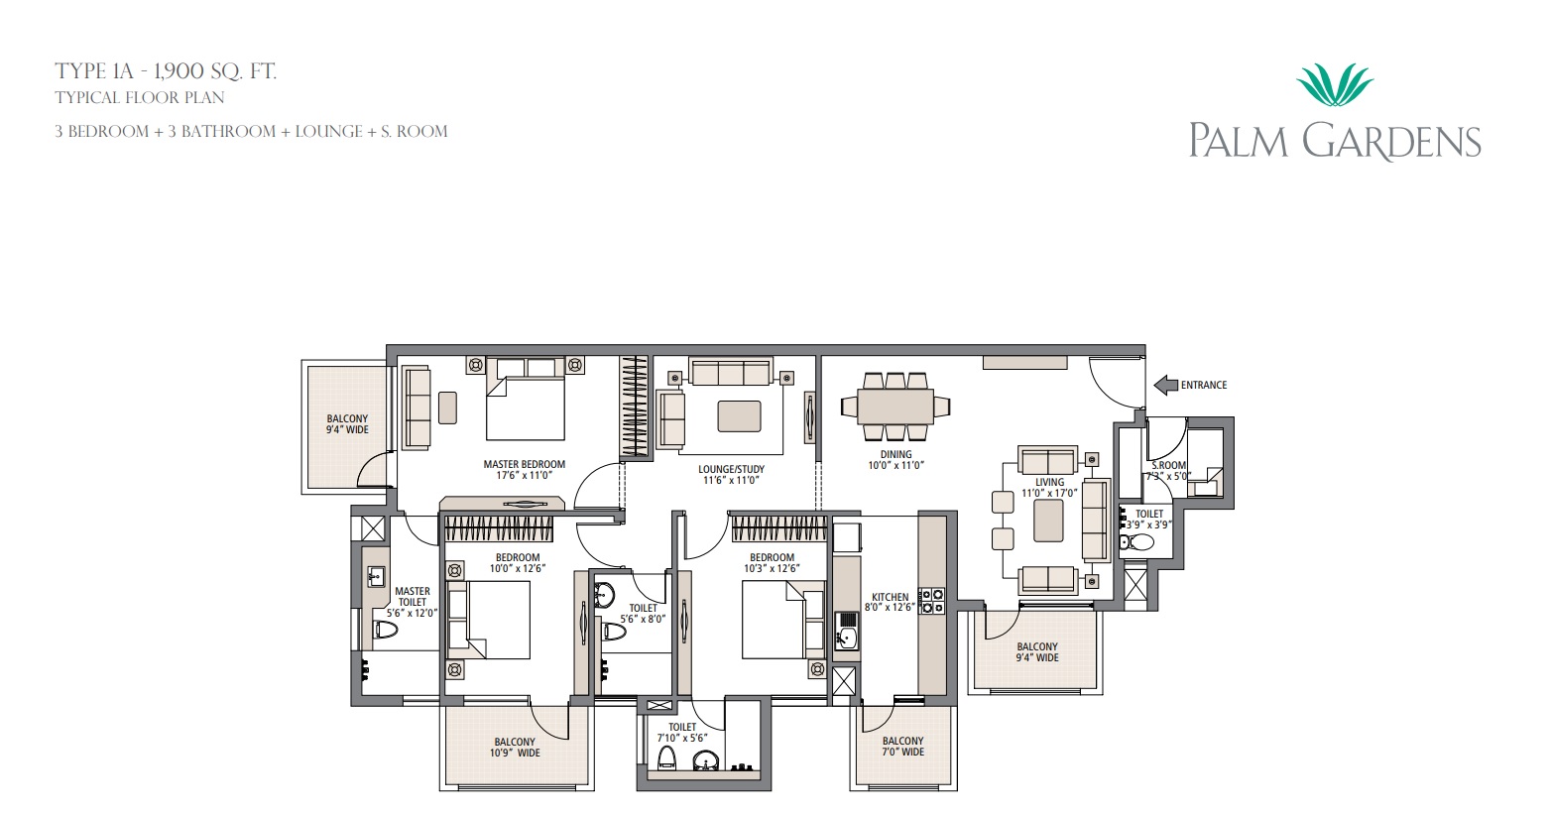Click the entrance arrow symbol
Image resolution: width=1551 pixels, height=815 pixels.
[1166, 385]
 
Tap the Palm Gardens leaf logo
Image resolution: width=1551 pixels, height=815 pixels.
[1335, 84]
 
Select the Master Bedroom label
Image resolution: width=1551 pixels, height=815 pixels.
[525, 464]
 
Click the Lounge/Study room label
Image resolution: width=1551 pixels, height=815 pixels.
[731, 469]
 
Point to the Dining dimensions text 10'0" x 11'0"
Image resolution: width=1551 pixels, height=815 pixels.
[895, 465]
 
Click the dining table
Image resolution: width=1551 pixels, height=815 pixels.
[895, 407]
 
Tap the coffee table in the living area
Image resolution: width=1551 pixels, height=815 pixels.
[1048, 520]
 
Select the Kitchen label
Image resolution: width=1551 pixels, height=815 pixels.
[890, 597]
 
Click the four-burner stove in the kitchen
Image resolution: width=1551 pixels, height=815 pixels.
[931, 601]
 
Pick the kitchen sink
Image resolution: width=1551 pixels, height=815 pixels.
[845, 631]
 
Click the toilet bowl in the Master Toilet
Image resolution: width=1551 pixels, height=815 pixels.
[386, 630]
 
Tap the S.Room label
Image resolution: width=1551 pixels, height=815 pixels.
[1169, 465]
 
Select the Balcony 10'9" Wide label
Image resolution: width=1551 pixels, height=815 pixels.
[515, 748]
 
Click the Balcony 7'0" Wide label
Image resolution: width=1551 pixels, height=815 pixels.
[902, 747]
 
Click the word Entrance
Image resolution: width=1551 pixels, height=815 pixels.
[1203, 385]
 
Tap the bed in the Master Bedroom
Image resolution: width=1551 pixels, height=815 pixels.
[525, 399]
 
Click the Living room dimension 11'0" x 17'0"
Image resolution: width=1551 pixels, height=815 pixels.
[1049, 493]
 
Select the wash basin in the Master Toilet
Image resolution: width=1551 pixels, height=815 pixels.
[377, 575]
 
